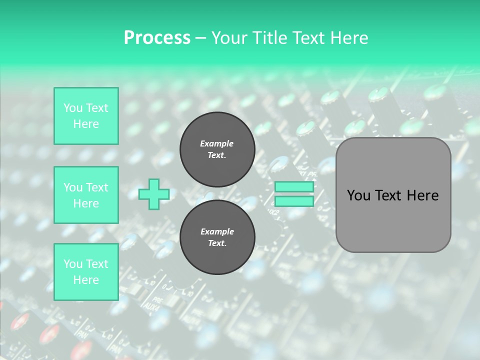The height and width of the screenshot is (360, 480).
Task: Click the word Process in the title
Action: [x=157, y=38]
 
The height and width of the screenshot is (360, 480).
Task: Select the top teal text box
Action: [x=86, y=116]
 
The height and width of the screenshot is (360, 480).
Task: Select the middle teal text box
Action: [x=86, y=195]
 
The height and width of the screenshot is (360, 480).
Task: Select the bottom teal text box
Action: [x=86, y=272]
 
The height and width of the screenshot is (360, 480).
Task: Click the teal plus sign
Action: [x=153, y=194]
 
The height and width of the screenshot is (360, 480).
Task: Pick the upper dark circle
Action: [x=217, y=149]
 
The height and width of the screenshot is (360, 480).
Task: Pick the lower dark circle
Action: [x=217, y=237]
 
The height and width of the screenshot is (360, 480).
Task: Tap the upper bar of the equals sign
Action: [x=294, y=187]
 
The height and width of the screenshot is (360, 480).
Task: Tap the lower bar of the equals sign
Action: [x=294, y=201]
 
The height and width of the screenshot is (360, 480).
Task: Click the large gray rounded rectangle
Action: [x=393, y=220]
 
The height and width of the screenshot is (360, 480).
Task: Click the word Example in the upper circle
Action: [x=217, y=143]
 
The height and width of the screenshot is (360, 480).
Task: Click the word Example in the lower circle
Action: [x=217, y=231]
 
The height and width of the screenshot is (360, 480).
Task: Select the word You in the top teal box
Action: [x=73, y=108]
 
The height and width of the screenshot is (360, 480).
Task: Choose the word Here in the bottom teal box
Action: [x=86, y=280]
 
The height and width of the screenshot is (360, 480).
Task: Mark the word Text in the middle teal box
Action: [x=97, y=187]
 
